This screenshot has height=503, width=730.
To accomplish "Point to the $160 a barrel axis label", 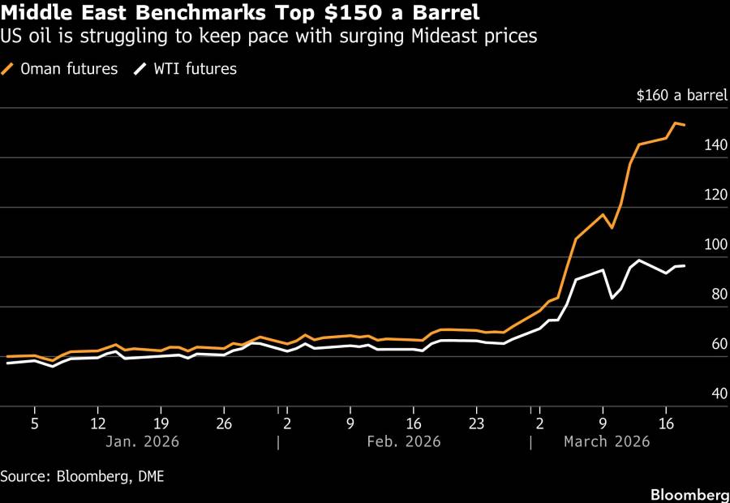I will pos(682,96).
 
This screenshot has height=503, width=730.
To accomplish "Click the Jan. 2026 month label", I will pos(143,441).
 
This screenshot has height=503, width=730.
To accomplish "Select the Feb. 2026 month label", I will pos(404,441).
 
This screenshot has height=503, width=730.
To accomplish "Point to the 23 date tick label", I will pos(476,423).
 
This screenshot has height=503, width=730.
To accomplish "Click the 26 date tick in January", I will pos(224,423).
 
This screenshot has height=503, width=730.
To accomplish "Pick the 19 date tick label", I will pos(161,423).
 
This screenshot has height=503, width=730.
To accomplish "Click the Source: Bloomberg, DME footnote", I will pos(82,476).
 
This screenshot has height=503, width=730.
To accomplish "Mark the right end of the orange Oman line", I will pos(685,125).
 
